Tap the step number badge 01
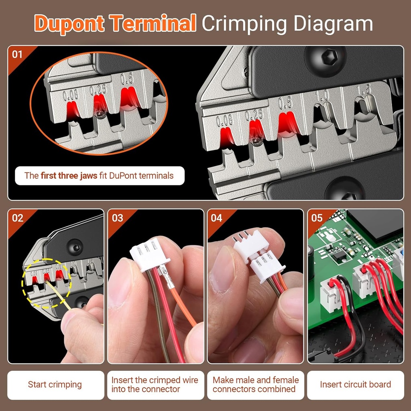17,54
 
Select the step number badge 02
17,218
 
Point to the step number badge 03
117,218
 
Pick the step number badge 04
216,218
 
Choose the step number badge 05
317,218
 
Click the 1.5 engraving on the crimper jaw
364,90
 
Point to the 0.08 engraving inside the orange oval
71,95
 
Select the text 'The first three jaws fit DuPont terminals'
99,175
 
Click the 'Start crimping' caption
55,385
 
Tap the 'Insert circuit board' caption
355,385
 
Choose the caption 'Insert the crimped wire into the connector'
155,385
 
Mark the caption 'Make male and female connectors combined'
255,385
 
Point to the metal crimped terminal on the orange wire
168,277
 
